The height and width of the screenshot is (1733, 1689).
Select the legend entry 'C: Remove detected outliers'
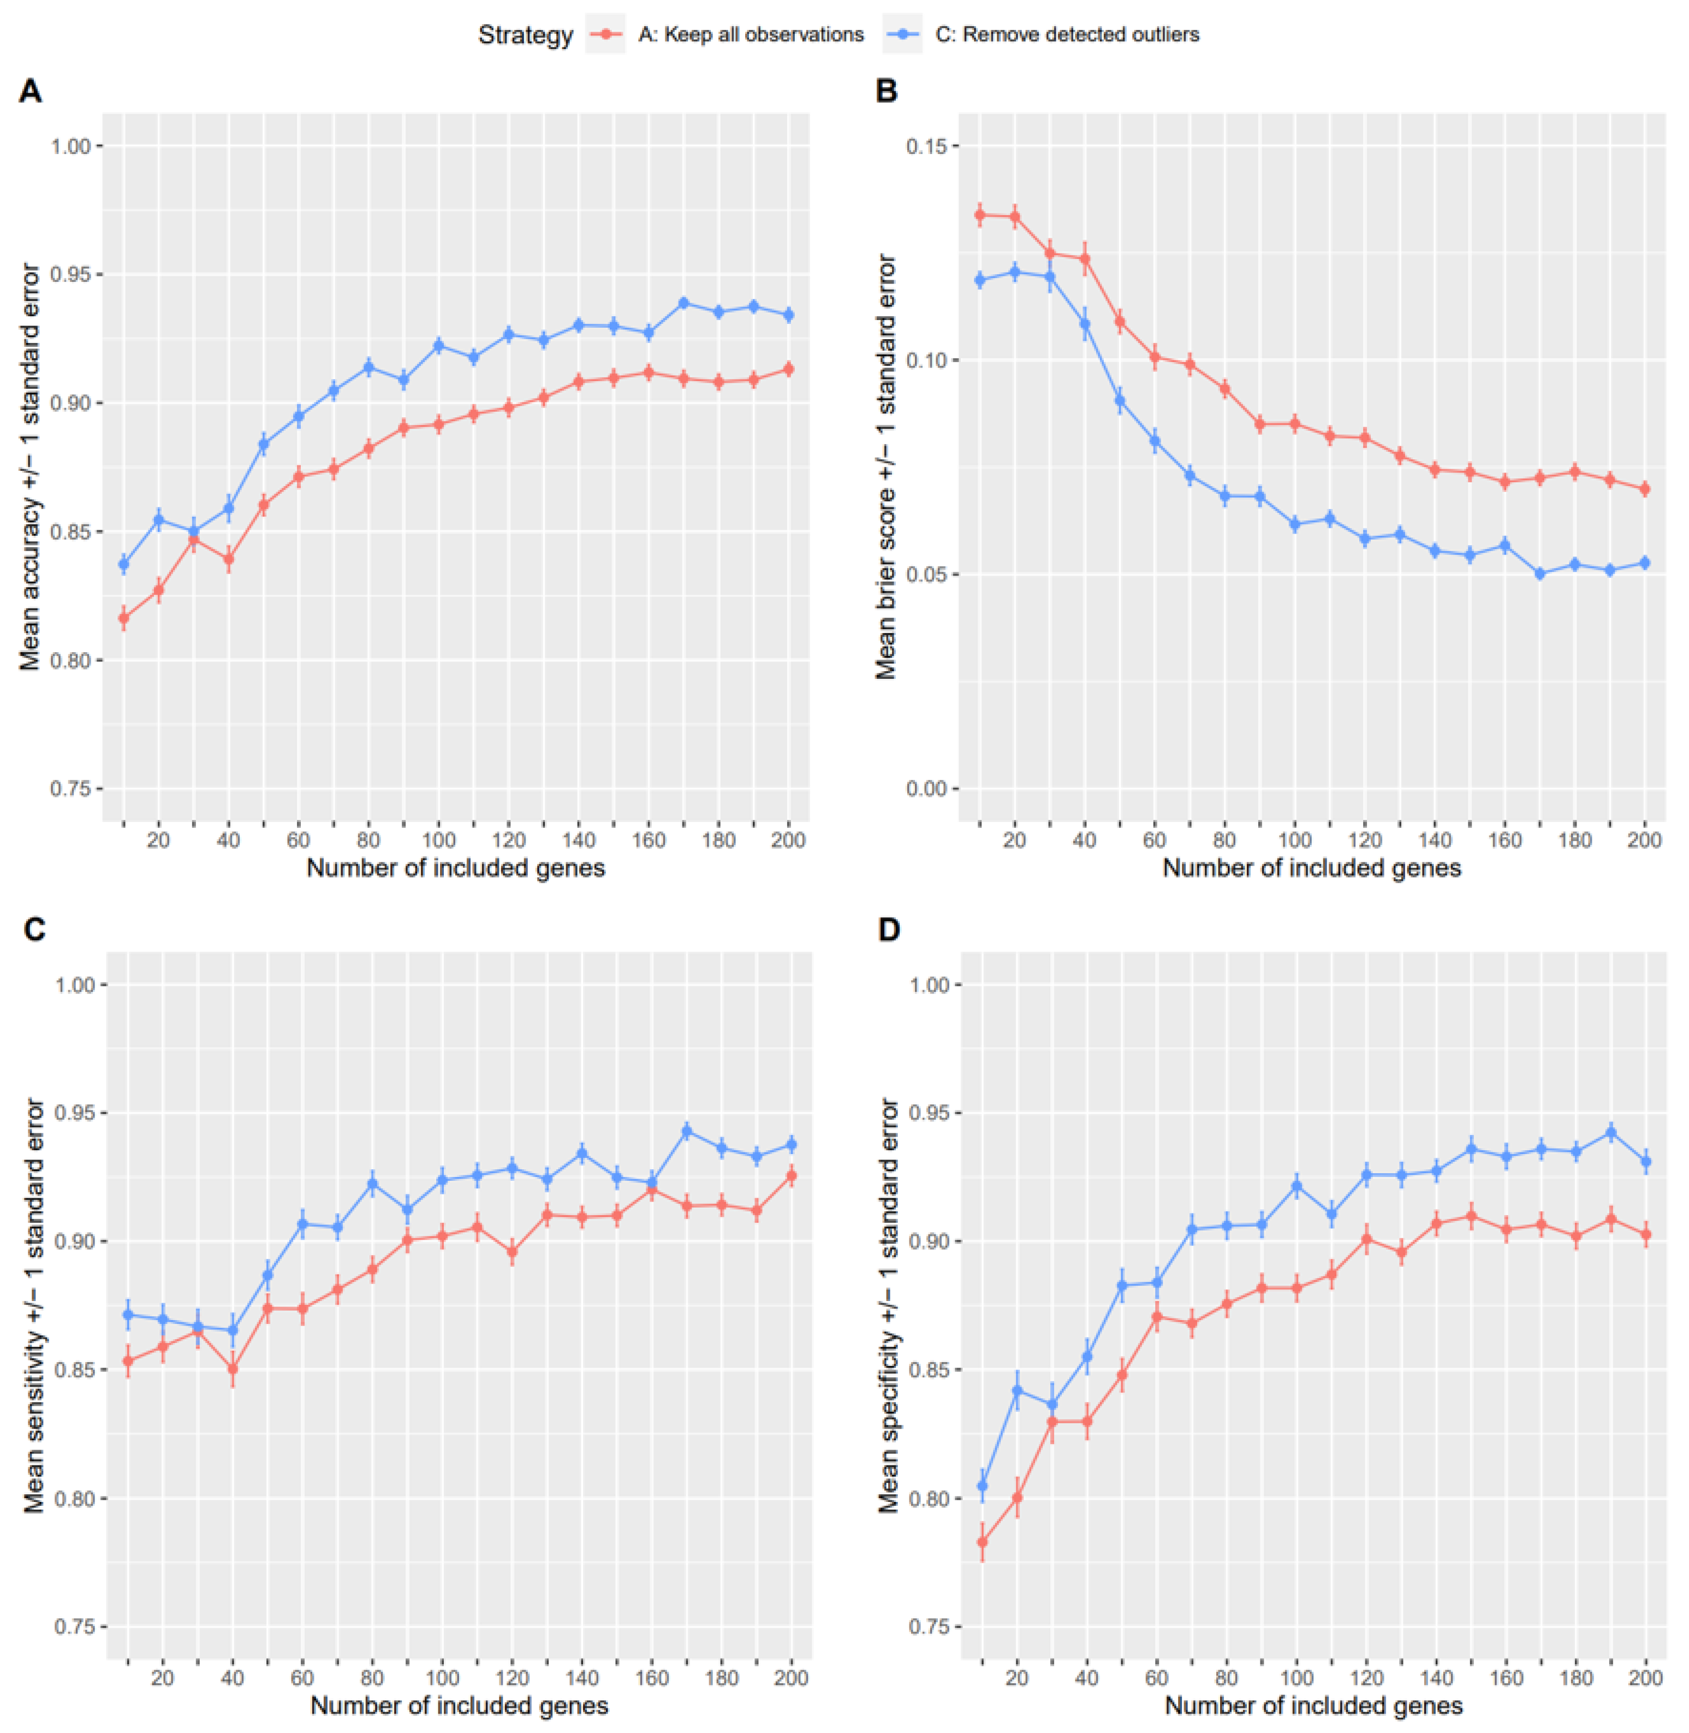[x=1067, y=34]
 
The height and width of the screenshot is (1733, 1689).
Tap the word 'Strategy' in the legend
[x=525, y=34]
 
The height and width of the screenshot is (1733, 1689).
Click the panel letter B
[x=886, y=91]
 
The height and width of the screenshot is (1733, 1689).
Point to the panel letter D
[x=888, y=929]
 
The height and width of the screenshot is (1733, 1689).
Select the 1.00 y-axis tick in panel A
[x=69, y=145]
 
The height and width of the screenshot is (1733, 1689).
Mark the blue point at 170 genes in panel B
[x=1540, y=574]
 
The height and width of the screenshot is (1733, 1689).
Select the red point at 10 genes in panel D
[x=982, y=1542]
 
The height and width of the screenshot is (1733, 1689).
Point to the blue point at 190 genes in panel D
[x=1611, y=1132]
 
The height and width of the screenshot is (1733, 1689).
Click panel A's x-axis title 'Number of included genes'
[x=455, y=868]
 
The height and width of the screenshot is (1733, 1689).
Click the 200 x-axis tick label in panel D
[x=1646, y=1678]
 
